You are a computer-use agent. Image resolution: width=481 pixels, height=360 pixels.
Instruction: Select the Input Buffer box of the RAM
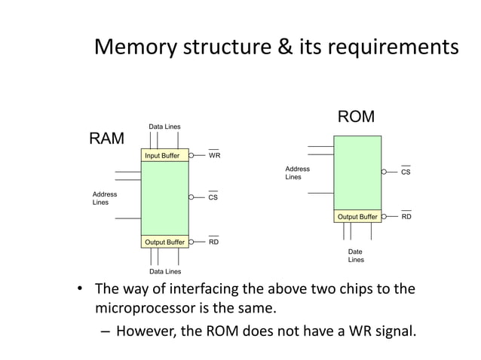pyautogui.click(x=164, y=155)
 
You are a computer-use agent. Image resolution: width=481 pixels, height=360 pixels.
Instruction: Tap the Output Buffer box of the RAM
pyautogui.click(x=164, y=242)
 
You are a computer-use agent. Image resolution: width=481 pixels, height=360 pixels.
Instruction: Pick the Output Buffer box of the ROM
pyautogui.click(x=357, y=217)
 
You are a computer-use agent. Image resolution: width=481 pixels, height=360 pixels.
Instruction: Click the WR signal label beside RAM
pyautogui.click(x=214, y=156)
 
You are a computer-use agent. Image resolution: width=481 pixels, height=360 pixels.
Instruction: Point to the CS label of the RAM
pyautogui.click(x=213, y=197)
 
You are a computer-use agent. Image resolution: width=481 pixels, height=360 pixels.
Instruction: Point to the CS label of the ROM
pyautogui.click(x=406, y=172)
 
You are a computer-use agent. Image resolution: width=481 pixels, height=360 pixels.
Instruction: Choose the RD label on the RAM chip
pyautogui.click(x=213, y=242)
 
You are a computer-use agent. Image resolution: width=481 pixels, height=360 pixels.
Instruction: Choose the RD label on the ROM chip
pyautogui.click(x=406, y=217)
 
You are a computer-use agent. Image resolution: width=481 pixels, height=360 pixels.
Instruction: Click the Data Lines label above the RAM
pyautogui.click(x=164, y=127)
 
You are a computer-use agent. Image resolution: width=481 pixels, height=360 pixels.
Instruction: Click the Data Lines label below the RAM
pyautogui.click(x=164, y=271)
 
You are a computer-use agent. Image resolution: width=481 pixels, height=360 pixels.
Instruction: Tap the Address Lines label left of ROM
pyautogui.click(x=297, y=173)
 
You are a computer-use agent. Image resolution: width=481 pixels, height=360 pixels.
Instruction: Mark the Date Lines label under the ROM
pyautogui.click(x=356, y=256)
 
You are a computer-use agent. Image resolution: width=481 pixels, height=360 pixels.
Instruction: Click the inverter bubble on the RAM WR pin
pyautogui.click(x=192, y=156)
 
